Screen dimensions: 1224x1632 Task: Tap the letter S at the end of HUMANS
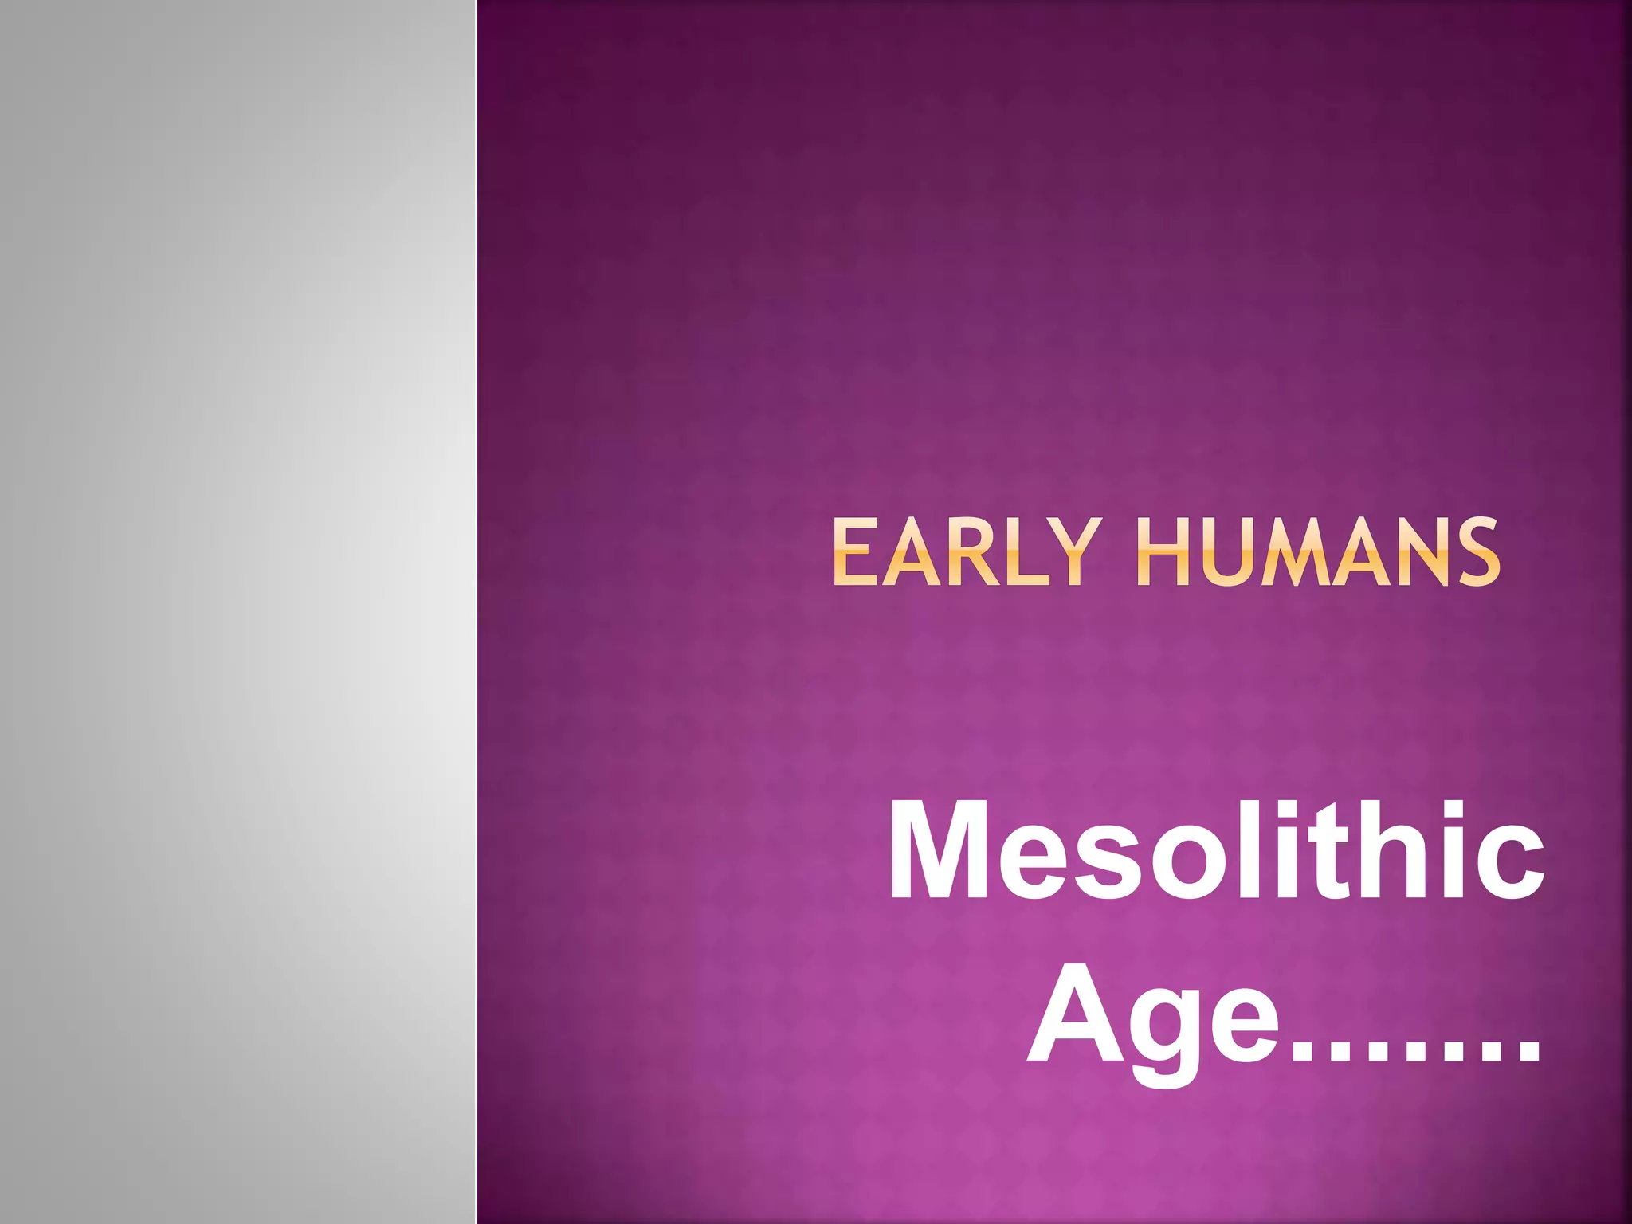[x=1474, y=552]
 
